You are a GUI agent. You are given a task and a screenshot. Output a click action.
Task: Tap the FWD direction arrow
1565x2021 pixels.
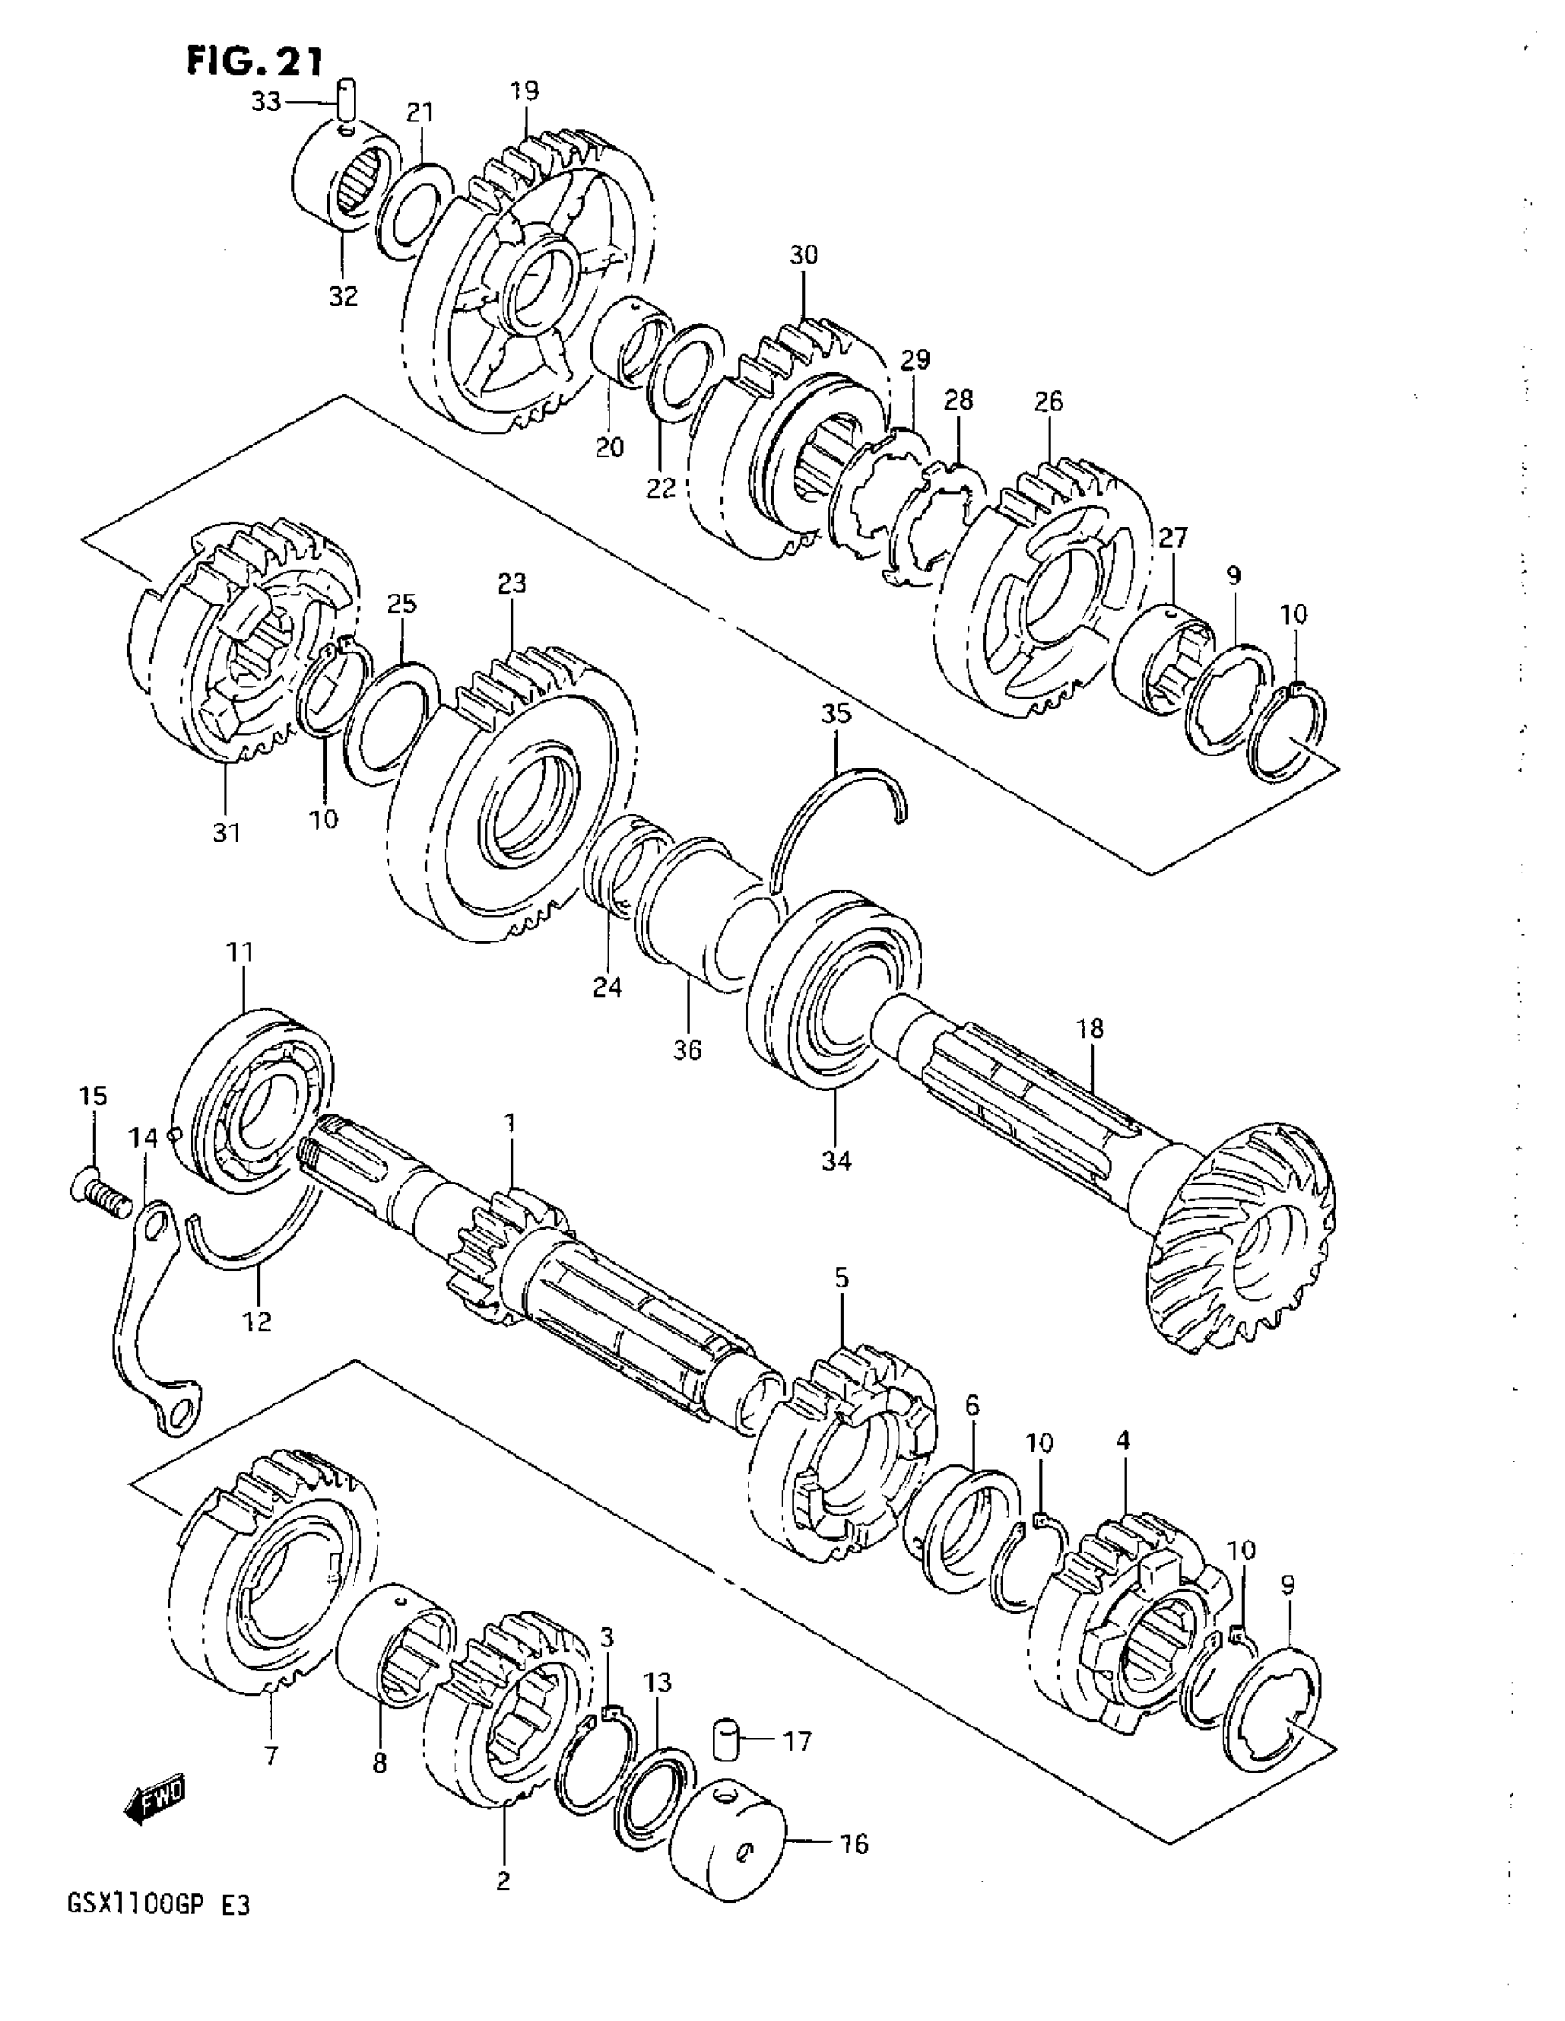tap(155, 1800)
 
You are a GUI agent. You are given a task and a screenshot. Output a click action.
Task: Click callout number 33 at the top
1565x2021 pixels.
tap(267, 102)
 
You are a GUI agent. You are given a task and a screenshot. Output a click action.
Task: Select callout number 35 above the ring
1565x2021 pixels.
tap(836, 714)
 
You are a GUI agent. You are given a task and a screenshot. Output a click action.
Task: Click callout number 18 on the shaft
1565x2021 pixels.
tap(1090, 1029)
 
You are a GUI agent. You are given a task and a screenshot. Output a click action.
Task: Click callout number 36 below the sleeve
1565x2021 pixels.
tap(688, 1050)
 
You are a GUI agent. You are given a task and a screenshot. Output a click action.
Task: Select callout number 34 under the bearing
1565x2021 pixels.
tap(836, 1160)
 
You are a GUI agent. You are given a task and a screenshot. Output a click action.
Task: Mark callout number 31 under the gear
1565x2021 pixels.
tap(226, 833)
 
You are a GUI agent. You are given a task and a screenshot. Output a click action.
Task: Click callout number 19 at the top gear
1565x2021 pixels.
tap(525, 92)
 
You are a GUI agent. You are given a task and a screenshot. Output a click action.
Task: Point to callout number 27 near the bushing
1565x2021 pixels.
tap(1172, 537)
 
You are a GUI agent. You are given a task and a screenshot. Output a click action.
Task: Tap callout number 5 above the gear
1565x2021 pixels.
tap(841, 1279)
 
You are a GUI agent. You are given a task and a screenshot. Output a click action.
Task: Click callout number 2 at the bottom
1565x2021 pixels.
tap(504, 1881)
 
